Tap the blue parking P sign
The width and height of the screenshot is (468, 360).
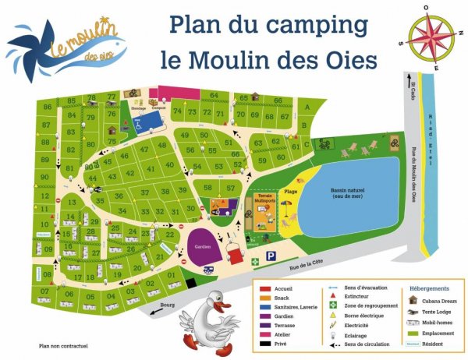tap(271, 256)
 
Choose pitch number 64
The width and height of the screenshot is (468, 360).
tap(214, 96)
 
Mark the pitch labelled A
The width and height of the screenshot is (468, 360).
tap(307, 107)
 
